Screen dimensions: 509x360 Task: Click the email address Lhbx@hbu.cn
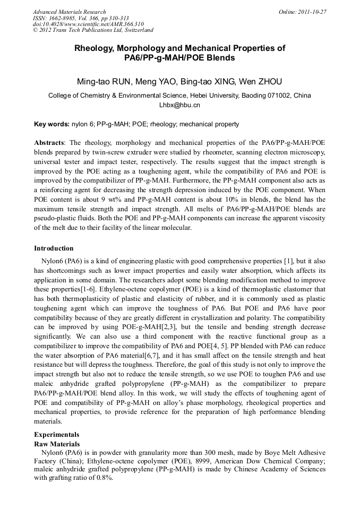(179, 105)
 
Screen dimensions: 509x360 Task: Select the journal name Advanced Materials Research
(69, 12)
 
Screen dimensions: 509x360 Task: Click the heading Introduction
(54, 248)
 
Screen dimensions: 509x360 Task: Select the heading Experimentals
(57, 434)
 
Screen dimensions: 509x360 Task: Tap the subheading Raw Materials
(57, 444)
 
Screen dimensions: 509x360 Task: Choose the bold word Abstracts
(49, 143)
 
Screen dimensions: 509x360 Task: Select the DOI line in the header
(88, 24)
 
